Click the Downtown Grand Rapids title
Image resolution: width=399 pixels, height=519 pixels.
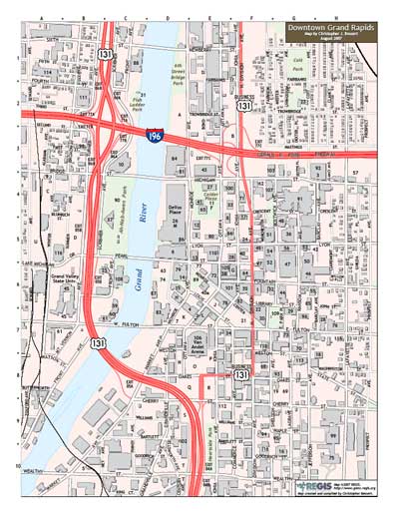tap(328, 29)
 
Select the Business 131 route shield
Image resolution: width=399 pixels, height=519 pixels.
tap(243, 103)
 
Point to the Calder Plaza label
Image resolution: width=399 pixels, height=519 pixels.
tap(209, 198)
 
